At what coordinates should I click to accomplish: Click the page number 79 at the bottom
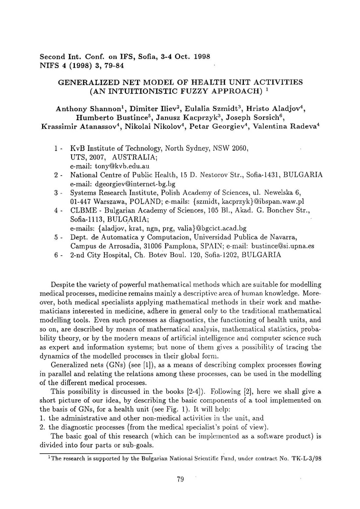point(180,480)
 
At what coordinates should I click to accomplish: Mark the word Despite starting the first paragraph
point(63,284)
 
